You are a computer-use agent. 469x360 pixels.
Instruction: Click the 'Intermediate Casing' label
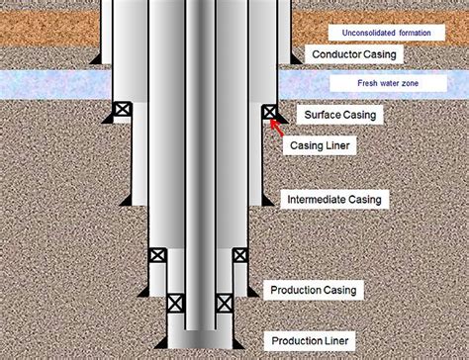(x=333, y=199)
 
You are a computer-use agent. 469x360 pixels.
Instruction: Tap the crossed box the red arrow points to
(x=268, y=112)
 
